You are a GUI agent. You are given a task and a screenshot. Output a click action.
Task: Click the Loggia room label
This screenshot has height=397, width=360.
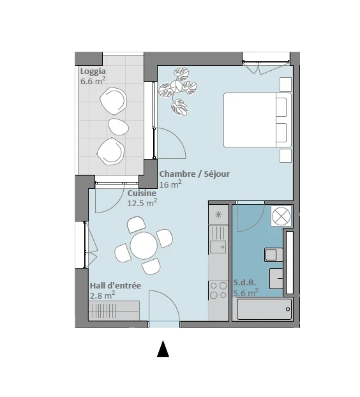pos(93,72)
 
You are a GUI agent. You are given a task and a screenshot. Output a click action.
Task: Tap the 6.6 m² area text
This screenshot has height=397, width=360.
pos(93,81)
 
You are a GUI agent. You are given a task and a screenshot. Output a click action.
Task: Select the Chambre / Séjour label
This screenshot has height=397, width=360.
pos(195,174)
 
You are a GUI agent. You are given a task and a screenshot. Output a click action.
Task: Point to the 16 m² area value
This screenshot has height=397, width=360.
pos(170,184)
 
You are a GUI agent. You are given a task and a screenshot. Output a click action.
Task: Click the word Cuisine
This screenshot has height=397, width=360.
pos(142,193)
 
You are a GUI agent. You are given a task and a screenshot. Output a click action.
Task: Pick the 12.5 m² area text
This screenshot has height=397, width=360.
pos(142,203)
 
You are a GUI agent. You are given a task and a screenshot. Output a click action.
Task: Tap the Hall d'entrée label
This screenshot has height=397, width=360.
pos(116,286)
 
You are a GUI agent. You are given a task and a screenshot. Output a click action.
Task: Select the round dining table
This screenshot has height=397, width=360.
pos(144,246)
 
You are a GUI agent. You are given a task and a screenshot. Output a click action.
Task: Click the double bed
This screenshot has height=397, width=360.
pos(257,120)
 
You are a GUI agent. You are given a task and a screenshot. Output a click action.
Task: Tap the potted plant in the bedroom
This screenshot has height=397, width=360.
pos(177,91)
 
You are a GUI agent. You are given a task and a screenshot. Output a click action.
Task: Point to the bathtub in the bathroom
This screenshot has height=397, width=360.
pos(264,309)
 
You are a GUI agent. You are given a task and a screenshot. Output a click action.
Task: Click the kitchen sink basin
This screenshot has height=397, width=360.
pos(218,247)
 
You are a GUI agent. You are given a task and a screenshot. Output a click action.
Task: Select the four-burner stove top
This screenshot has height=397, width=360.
pos(218,290)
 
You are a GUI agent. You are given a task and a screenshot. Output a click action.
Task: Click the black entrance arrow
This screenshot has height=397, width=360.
pos(163,348)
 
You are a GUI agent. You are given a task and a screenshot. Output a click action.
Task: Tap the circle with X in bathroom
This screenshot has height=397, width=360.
pos(281,216)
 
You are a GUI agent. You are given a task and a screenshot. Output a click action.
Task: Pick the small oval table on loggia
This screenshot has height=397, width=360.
pos(119,126)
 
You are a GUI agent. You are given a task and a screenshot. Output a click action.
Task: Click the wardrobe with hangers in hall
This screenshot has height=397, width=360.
pos(114,311)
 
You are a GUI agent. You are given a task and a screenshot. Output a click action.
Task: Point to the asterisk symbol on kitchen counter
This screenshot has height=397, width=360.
pos(218,215)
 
